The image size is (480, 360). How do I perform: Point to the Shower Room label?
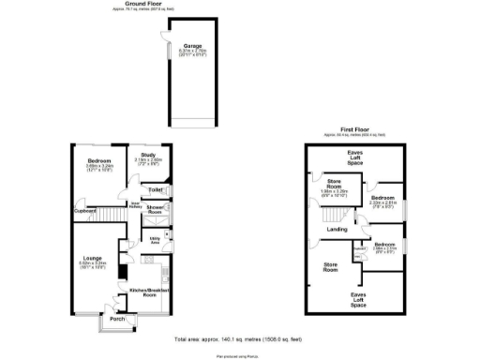click(155, 210)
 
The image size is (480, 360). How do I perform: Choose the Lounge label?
click(91, 258)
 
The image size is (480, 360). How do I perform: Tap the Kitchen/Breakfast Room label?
click(147, 292)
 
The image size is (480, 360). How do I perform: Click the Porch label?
click(117, 320)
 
